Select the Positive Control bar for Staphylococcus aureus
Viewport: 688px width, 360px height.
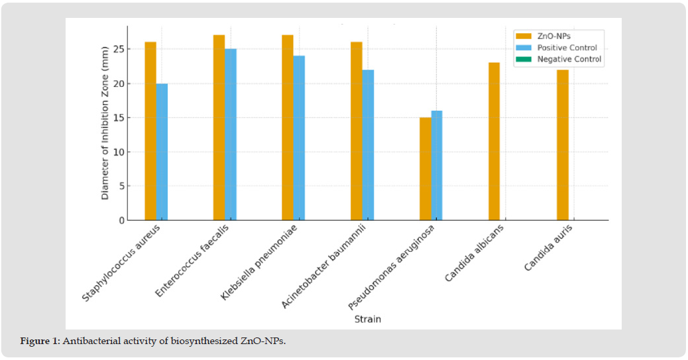162,152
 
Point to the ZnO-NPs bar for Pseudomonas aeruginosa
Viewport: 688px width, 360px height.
425,168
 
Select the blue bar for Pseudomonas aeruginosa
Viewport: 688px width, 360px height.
436,165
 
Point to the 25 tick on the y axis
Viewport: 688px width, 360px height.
119,50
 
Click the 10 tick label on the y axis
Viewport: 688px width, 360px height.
119,152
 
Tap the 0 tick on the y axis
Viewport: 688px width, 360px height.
121,220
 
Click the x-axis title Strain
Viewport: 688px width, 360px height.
367,320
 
